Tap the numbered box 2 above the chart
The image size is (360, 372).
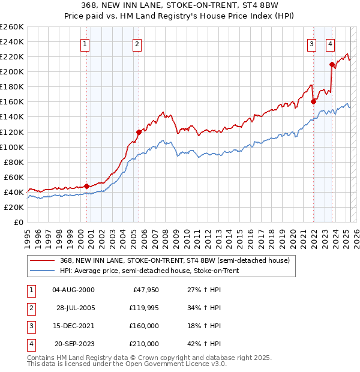(x=137, y=43)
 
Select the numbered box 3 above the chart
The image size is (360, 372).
(x=312, y=43)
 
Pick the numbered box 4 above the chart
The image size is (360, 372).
(x=331, y=43)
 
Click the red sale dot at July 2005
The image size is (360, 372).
(x=139, y=132)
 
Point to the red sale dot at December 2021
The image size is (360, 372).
(x=313, y=101)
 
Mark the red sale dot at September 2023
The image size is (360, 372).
(x=332, y=64)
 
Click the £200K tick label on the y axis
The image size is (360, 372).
(x=13, y=71)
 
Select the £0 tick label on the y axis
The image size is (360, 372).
(x=18, y=222)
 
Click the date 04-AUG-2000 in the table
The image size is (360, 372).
(x=74, y=290)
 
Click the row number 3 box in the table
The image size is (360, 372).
(x=29, y=326)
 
